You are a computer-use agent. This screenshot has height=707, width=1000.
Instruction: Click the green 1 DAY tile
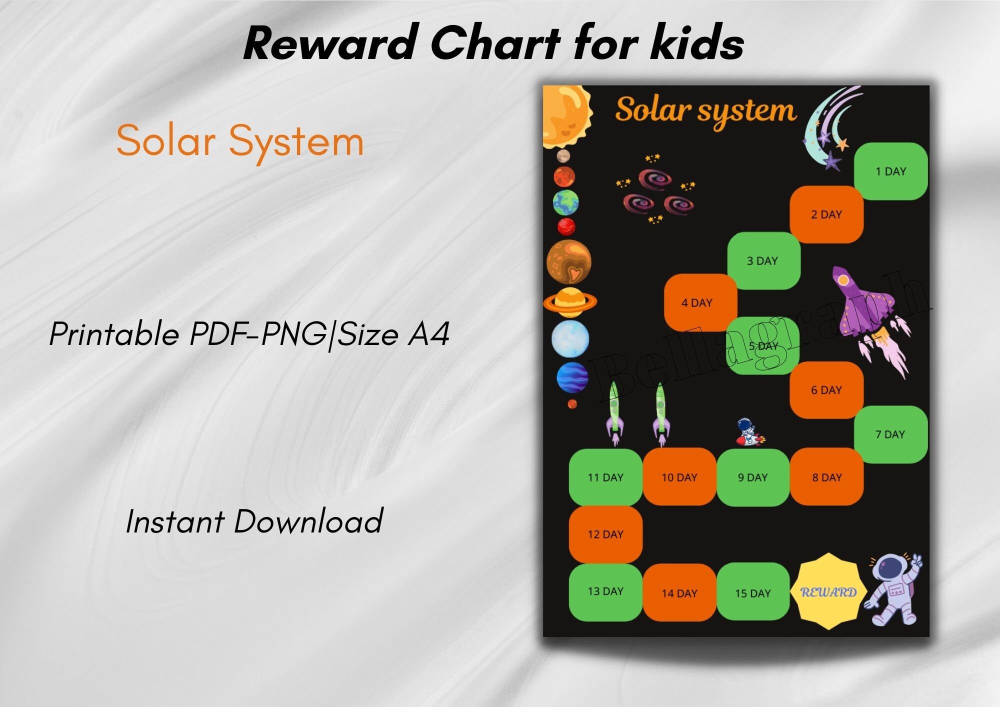(890, 171)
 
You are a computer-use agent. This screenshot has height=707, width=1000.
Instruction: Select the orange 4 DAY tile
(697, 302)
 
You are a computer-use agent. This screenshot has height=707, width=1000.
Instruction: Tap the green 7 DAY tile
(890, 434)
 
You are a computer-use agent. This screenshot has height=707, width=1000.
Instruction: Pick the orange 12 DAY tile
(605, 534)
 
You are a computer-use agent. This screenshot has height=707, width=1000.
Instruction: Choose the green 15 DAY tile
(753, 592)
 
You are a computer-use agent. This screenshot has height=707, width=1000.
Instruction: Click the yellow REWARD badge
(828, 591)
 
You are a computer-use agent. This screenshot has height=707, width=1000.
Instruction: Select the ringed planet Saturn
(569, 301)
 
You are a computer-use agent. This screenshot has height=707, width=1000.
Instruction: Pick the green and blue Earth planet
(565, 202)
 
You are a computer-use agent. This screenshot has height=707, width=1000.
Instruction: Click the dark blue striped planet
(572, 377)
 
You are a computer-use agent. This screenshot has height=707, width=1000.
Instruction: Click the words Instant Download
(254, 521)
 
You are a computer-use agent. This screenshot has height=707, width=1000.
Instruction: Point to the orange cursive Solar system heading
(705, 111)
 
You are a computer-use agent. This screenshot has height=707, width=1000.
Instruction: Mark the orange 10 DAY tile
(679, 477)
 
